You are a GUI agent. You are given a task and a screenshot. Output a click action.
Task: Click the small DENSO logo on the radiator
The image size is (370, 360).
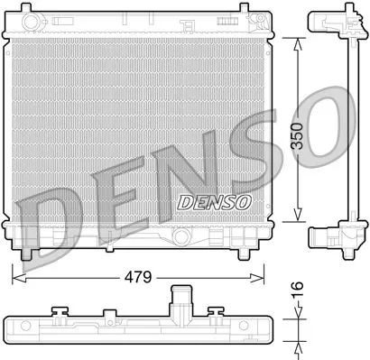[x=214, y=202]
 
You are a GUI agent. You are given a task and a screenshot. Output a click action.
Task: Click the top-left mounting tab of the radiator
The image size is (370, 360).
[x=31, y=15]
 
